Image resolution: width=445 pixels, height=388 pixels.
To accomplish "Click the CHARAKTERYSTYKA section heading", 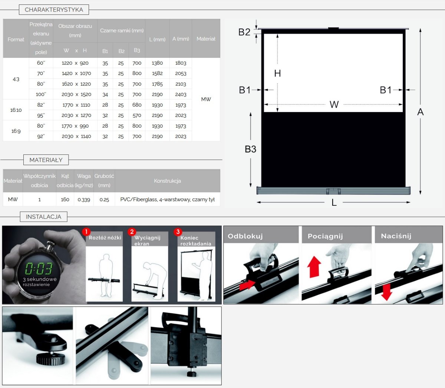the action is (x=54, y=10).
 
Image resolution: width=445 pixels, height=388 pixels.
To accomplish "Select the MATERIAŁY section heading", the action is (x=46, y=160).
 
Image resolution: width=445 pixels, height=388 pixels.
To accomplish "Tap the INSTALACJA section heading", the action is (x=43, y=217).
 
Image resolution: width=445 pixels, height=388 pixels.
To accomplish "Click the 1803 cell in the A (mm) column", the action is (x=181, y=63).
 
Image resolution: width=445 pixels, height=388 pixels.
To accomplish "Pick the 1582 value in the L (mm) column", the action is (x=157, y=74).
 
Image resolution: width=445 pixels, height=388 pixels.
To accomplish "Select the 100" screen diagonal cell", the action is (x=41, y=95).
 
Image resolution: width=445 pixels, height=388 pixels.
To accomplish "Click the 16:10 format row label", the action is (x=16, y=110).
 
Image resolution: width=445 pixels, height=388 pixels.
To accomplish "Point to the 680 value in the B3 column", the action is (x=137, y=105).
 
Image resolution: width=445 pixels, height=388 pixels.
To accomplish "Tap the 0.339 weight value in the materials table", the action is (x=84, y=200).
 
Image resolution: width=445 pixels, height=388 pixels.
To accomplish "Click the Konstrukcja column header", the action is (x=167, y=181).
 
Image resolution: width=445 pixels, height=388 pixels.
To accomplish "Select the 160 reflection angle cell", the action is (x=65, y=200).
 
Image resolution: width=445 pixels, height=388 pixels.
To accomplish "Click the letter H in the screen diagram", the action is (x=277, y=74).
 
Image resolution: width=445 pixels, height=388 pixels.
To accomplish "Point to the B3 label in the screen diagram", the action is (x=250, y=149).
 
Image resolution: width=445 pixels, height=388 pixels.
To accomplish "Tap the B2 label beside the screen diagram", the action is (x=244, y=32).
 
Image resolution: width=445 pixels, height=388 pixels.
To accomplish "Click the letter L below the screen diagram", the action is (x=334, y=203).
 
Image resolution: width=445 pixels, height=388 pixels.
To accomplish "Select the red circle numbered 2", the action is (x=132, y=232).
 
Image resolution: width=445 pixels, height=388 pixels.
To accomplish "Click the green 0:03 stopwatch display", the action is (x=39, y=268).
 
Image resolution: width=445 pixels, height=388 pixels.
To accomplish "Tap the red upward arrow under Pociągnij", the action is (x=314, y=267).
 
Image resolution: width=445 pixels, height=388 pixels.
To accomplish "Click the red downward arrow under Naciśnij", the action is (x=386, y=292).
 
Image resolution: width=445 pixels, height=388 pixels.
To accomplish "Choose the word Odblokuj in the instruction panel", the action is (x=245, y=236).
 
